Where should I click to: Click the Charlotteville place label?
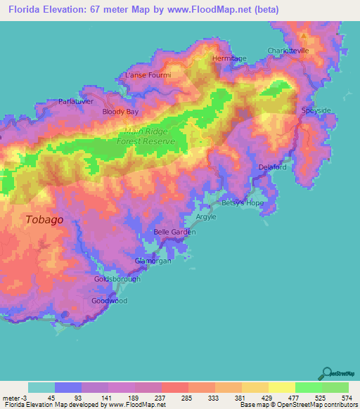[x=288, y=51]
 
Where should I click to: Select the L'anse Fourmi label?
[x=148, y=74]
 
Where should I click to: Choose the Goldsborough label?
[x=117, y=279]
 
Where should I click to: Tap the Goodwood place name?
[x=110, y=300]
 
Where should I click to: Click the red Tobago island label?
[x=44, y=219]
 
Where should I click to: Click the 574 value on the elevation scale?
[x=345, y=398]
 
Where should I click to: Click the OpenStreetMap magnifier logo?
[x=328, y=373]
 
